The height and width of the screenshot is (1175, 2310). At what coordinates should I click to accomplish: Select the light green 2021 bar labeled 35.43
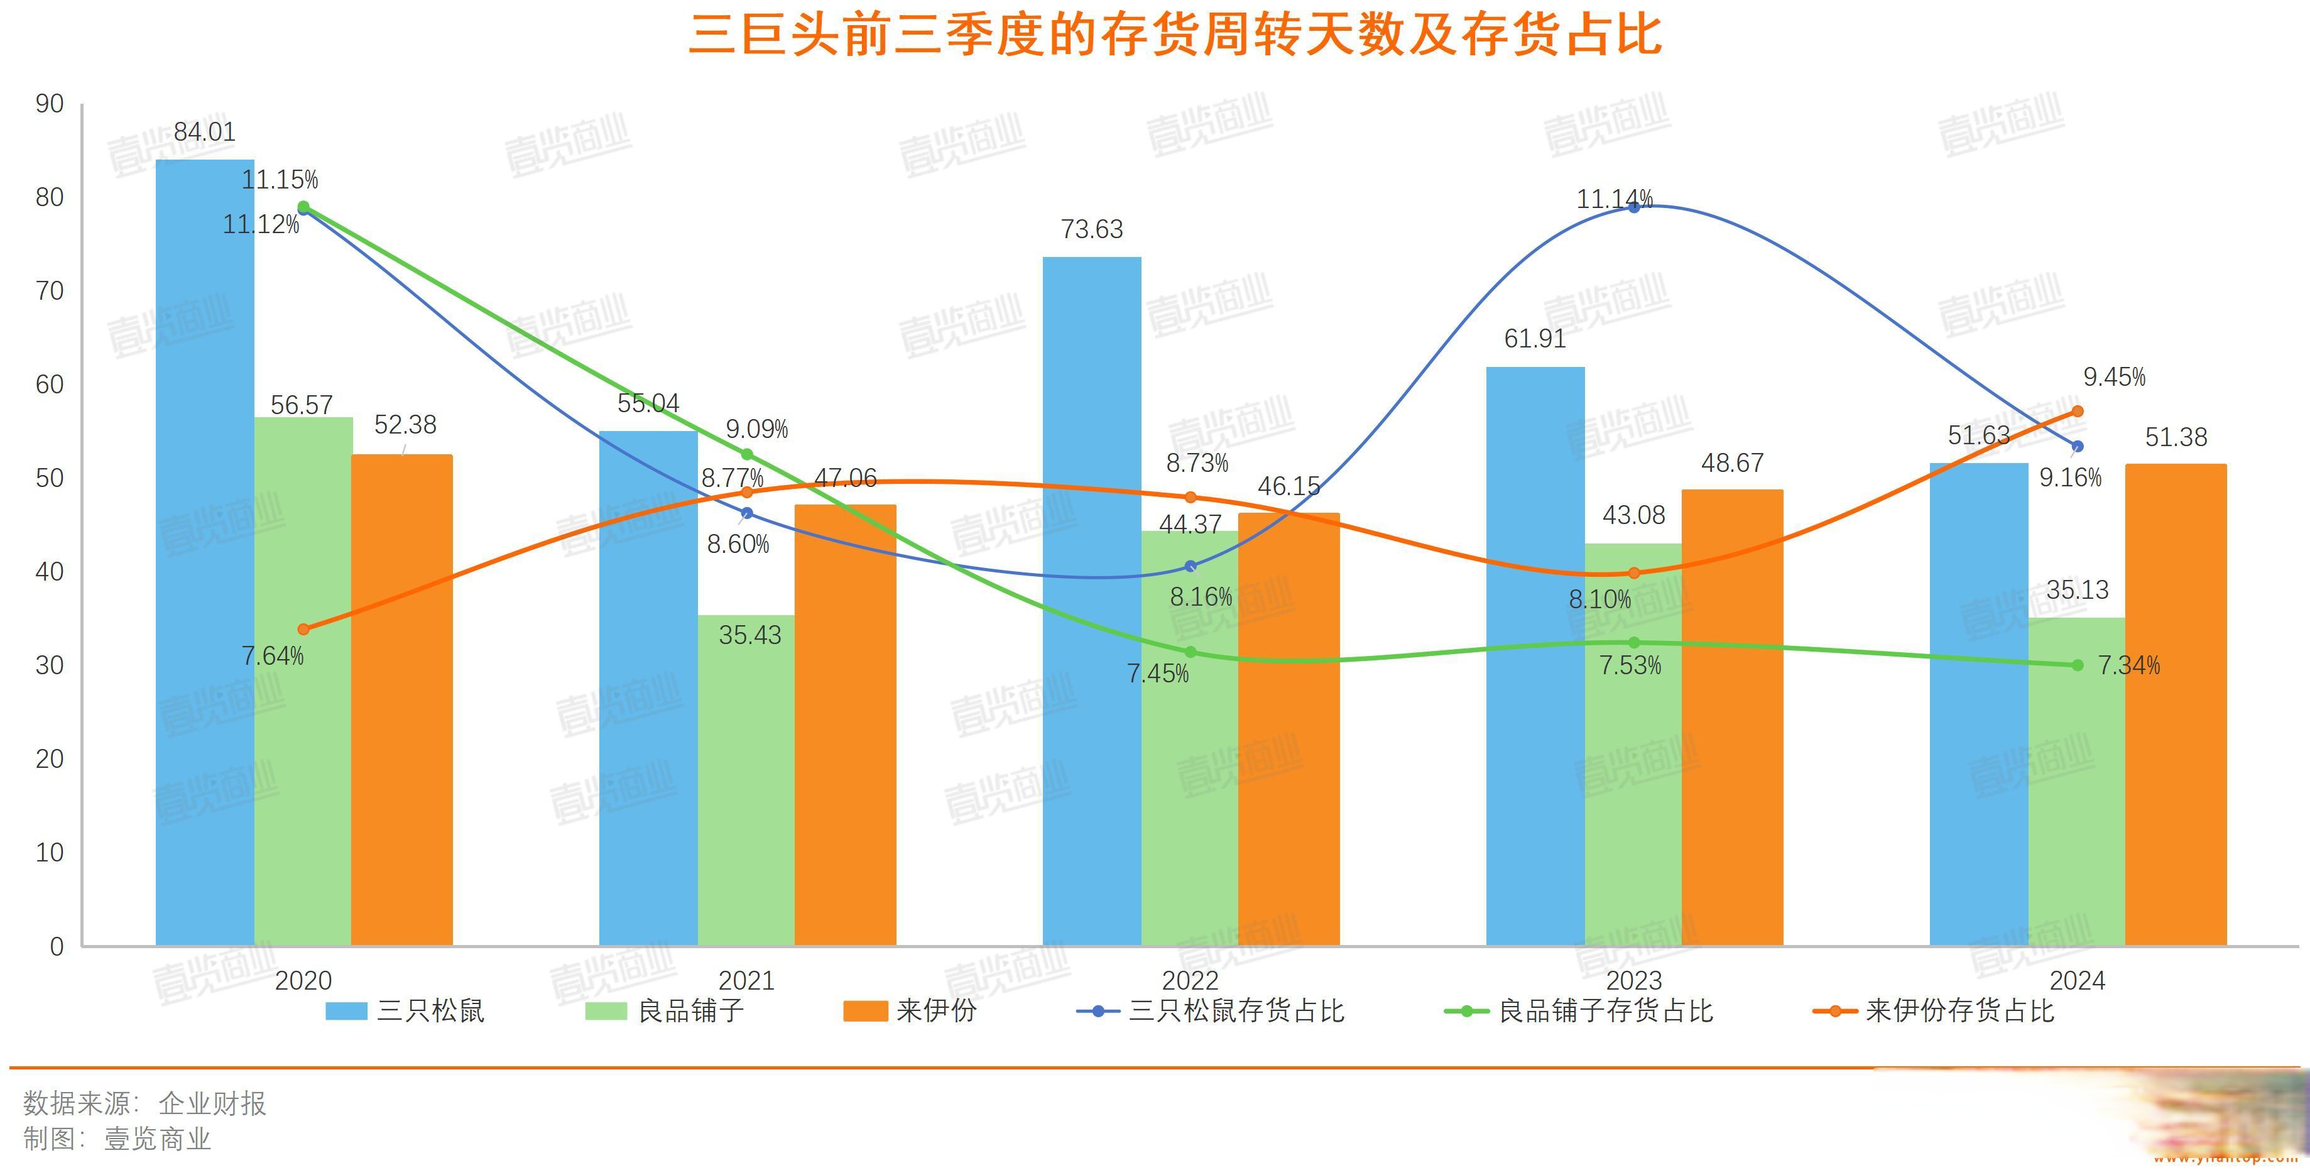[746, 780]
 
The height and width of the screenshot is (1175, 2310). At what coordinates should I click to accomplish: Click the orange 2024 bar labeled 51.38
[2176, 704]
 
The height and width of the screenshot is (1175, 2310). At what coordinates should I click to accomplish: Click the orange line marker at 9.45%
[2078, 411]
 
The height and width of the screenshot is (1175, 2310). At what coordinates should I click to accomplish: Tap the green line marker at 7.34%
[2078, 665]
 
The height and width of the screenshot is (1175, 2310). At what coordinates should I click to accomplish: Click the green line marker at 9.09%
[747, 454]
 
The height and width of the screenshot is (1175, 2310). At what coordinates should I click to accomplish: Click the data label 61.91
[1534, 339]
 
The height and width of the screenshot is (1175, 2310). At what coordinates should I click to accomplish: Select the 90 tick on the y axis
[50, 104]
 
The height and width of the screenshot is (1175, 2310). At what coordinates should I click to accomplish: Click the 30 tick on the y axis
[50, 665]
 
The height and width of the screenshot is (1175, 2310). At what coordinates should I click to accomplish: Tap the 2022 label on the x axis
[1190, 980]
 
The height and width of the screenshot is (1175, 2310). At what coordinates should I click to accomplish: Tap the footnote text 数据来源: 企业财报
[145, 1103]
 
